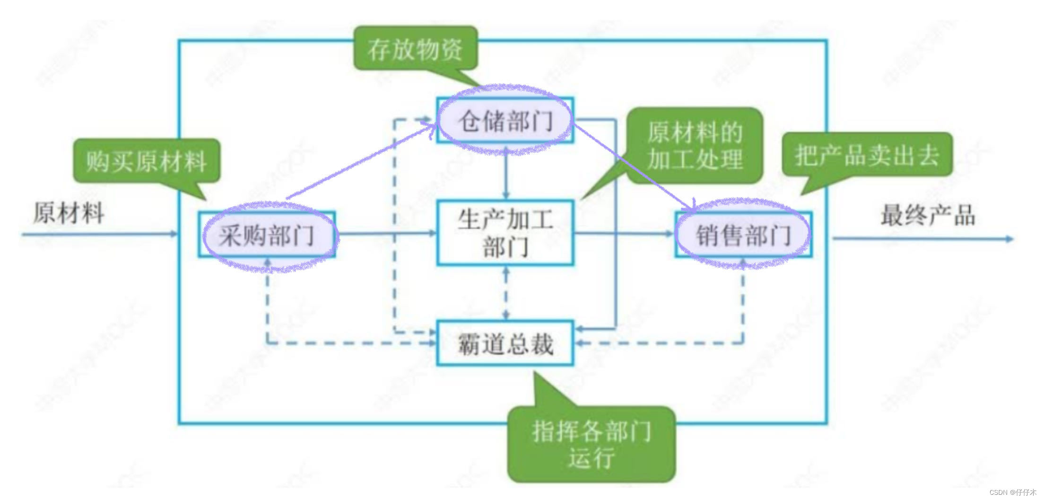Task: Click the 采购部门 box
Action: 267,235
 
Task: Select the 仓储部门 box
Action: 505,121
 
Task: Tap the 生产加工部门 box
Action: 505,233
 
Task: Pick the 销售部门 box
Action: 743,235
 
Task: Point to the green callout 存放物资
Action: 415,49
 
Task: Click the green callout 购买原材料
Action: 146,161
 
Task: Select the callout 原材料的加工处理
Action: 695,145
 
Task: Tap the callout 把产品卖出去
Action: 867,155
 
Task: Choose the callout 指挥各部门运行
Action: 591,444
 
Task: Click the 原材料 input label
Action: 69,212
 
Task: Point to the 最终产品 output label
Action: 928,215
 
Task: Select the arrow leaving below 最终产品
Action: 922,239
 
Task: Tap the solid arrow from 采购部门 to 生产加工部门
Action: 385,233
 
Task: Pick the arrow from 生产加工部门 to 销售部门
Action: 624,233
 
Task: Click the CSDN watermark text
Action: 1012,492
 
